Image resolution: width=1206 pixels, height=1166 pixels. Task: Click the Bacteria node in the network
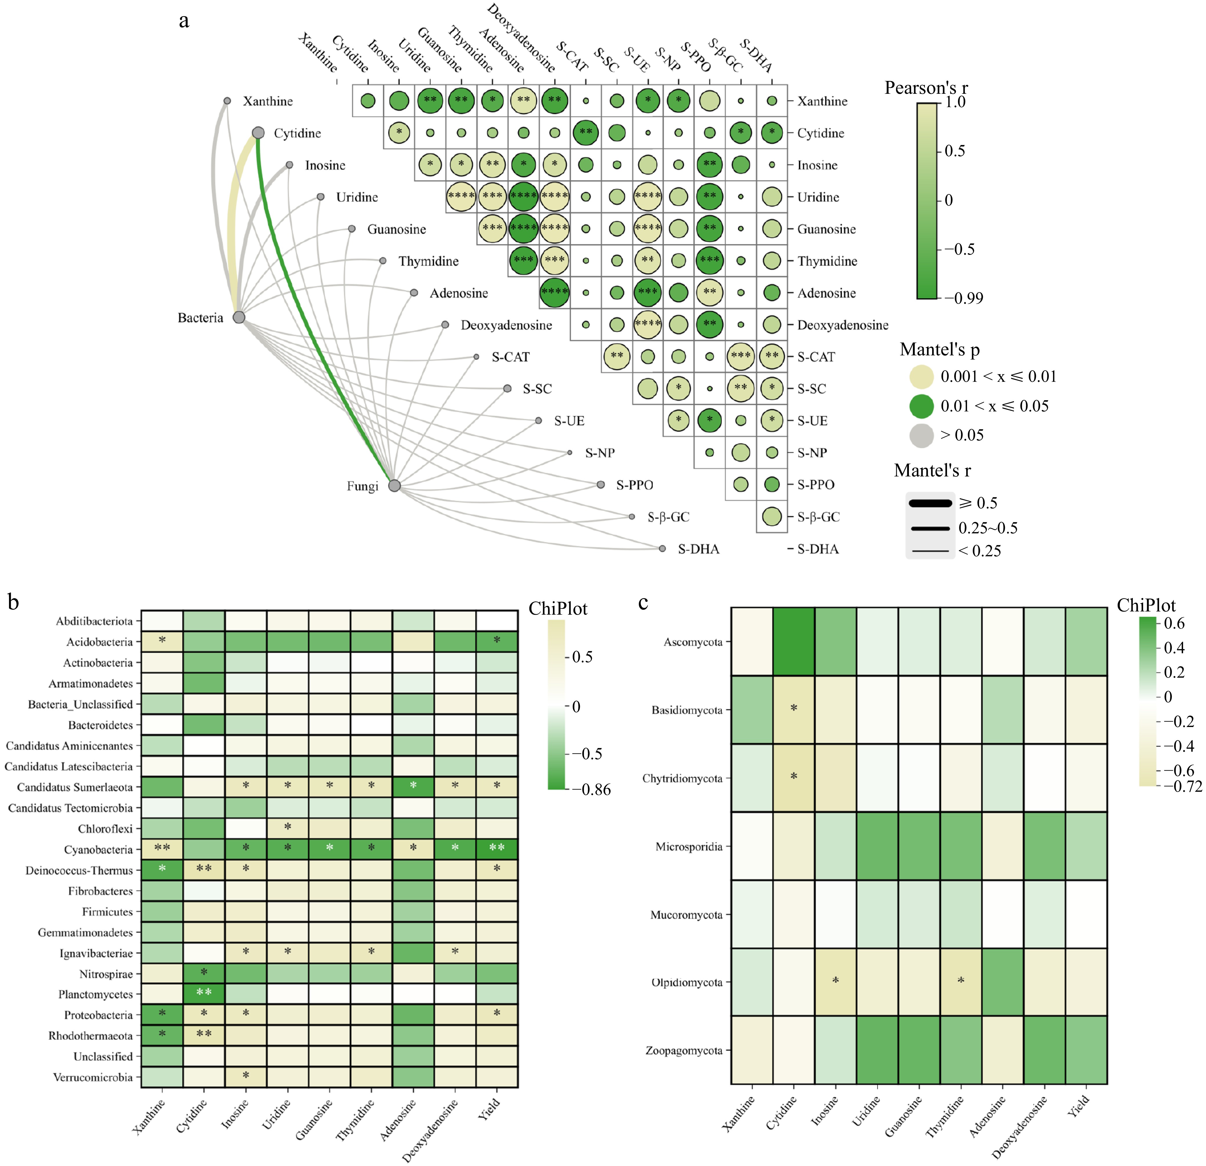tap(239, 317)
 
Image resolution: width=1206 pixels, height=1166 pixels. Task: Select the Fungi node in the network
tap(395, 486)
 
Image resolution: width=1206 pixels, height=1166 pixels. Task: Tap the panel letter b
tap(14, 602)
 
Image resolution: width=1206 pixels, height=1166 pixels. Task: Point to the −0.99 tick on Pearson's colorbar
tap(964, 298)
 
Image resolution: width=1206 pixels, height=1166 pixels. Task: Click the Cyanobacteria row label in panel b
tap(98, 850)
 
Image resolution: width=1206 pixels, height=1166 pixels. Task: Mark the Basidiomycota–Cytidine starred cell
tap(794, 709)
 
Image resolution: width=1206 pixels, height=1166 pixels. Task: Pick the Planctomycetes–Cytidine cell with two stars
tap(204, 994)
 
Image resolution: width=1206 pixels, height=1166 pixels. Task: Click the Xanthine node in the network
tap(227, 100)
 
